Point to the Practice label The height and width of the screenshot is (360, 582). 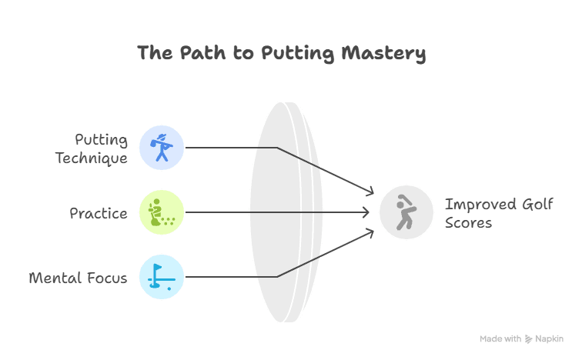[x=99, y=213]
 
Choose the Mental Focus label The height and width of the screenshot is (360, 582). [x=78, y=278]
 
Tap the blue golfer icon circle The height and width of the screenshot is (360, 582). [x=162, y=148]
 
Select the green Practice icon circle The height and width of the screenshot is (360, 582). [x=162, y=212]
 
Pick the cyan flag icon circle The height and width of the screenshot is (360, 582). [x=162, y=277]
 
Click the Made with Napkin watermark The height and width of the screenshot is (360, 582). [x=521, y=338]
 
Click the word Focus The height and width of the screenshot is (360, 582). [x=108, y=278]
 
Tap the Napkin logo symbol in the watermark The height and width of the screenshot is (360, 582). [x=529, y=338]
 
